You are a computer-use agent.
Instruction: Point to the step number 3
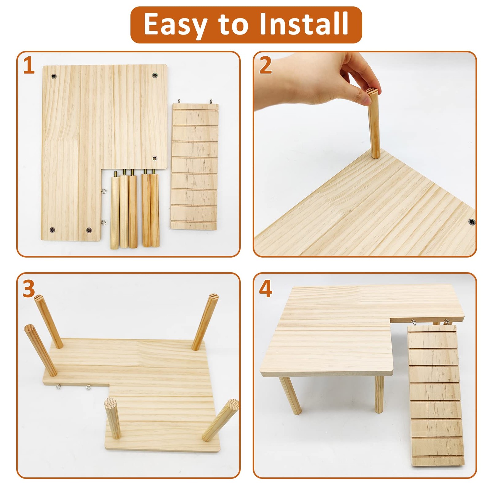pos(29,289)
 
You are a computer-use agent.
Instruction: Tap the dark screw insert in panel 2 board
pos(471,222)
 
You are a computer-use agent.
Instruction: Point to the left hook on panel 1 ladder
pos(179,101)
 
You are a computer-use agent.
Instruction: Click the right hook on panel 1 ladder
pos(212,101)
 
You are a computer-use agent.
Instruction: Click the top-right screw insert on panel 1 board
pos(154,75)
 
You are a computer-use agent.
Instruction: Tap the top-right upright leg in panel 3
pos(204,322)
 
